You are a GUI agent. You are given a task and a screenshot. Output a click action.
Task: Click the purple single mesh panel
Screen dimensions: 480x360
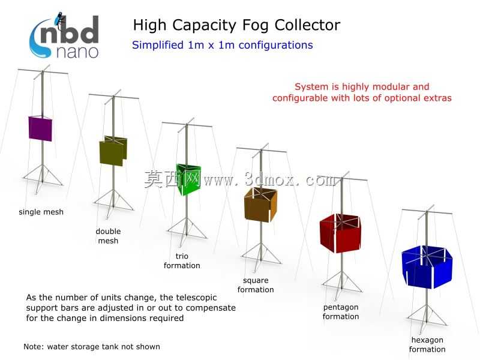[x=40, y=128]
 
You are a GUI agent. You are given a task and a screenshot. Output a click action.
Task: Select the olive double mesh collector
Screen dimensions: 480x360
[x=113, y=151]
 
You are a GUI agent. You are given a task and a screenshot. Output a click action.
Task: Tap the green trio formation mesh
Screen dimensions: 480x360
[x=188, y=179]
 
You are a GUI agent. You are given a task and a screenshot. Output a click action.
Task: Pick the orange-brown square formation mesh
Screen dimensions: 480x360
[x=260, y=205]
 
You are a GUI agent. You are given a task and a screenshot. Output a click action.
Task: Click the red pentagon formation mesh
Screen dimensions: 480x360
[x=340, y=233]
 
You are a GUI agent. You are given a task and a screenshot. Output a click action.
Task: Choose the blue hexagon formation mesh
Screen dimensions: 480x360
[x=427, y=266]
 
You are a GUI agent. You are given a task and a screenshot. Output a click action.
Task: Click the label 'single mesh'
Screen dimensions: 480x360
[x=41, y=212]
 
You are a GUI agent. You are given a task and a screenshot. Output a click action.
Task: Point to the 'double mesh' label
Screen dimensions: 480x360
[x=108, y=236]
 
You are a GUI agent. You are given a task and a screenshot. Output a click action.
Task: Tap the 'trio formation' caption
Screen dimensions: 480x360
[x=182, y=261]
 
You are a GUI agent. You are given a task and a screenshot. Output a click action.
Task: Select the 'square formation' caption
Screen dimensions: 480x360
[x=256, y=285]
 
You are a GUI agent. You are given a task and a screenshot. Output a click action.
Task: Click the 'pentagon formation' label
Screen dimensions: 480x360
[x=341, y=311]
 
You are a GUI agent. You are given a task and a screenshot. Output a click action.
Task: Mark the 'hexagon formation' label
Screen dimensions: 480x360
[x=427, y=344]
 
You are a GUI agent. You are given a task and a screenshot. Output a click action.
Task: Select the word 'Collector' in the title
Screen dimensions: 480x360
[x=307, y=25]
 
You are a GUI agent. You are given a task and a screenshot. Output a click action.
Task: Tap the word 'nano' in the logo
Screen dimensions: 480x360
[x=77, y=52]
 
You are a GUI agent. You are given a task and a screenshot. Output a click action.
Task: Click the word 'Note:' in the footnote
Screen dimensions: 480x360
[x=34, y=347]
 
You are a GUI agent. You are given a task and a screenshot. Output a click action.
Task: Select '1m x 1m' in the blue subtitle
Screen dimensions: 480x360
[x=211, y=45]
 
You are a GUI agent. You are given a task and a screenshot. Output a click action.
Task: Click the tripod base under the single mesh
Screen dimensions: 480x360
[x=42, y=178]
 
